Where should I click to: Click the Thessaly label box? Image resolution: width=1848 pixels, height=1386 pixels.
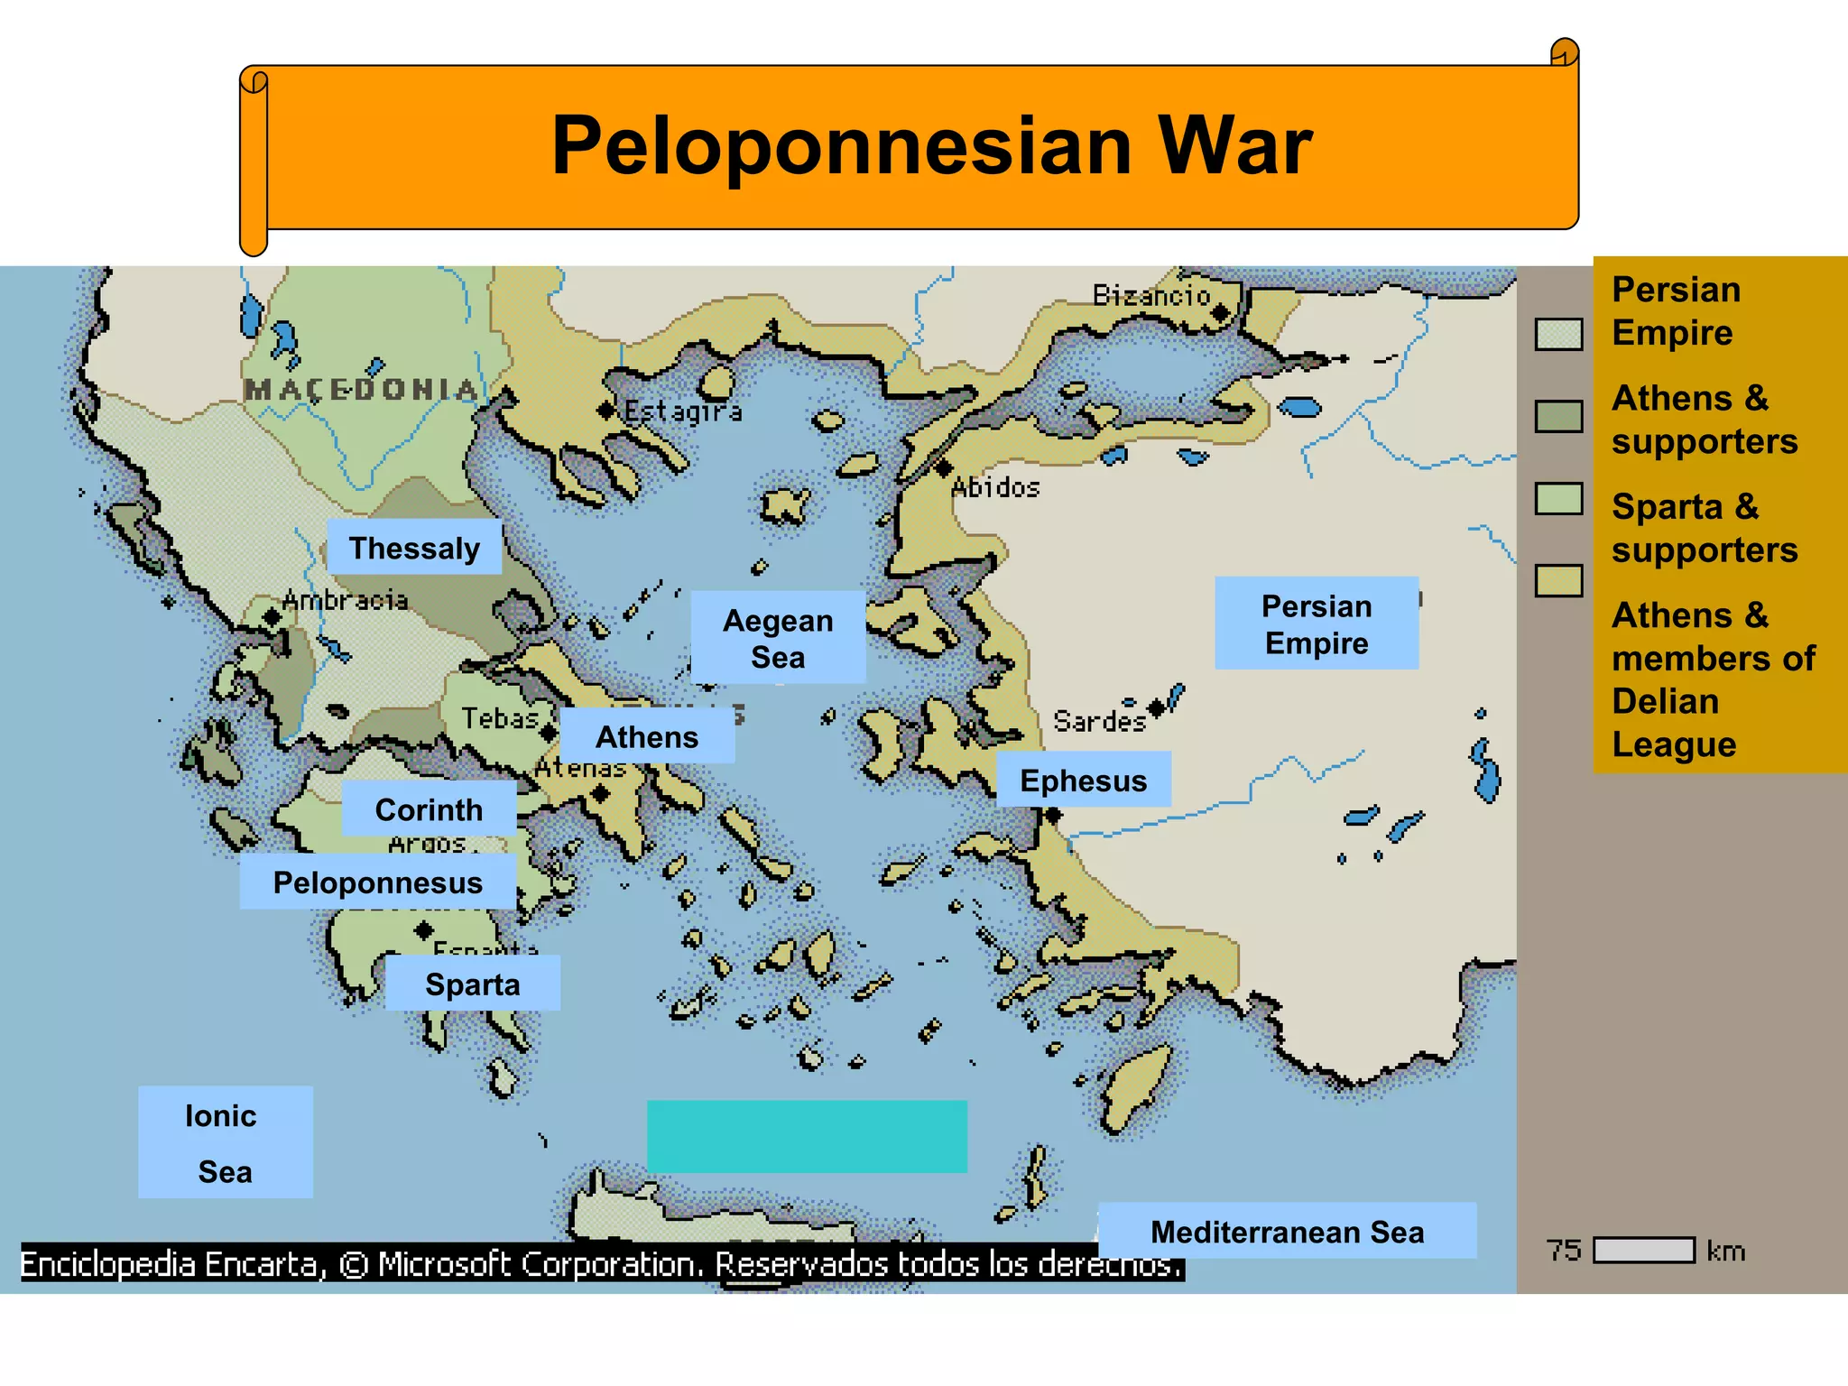click(414, 547)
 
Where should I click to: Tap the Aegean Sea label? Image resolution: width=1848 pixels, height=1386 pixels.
click(778, 638)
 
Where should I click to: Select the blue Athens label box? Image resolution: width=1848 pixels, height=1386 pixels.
click(647, 736)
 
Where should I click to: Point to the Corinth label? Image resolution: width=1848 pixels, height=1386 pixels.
click(429, 809)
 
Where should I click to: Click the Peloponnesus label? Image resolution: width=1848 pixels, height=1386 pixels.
click(378, 882)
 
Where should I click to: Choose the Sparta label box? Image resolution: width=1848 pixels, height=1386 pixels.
click(472, 984)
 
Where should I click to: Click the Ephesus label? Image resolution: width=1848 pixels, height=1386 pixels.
click(1083, 780)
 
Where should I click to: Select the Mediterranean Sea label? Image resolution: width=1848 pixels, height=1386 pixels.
click(1287, 1231)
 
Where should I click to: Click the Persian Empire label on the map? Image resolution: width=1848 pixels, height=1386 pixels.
click(1317, 624)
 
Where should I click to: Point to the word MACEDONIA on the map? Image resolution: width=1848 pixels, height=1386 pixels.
click(361, 390)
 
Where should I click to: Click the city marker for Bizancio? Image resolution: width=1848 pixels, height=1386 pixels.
click(1221, 313)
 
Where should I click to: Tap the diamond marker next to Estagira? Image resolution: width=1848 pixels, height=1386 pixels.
click(606, 411)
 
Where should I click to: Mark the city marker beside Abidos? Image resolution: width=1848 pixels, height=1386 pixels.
click(944, 468)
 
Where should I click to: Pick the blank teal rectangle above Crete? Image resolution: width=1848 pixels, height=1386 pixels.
click(807, 1136)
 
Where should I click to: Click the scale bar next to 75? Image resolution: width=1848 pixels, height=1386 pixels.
click(1643, 1251)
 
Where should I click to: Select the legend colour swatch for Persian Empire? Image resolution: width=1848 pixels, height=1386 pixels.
click(1558, 334)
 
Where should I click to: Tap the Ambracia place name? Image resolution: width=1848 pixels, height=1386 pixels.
click(346, 600)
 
